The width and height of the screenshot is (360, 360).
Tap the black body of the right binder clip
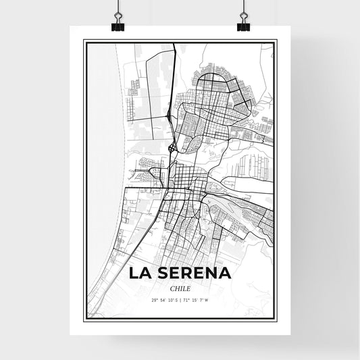(x=243, y=26)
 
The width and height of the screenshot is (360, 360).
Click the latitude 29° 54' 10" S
(x=164, y=299)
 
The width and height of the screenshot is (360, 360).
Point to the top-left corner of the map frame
(x=84, y=41)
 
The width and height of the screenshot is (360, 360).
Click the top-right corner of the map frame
(x=276, y=41)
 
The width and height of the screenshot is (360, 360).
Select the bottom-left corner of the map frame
(x=84, y=320)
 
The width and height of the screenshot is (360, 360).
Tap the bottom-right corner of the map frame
(x=276, y=320)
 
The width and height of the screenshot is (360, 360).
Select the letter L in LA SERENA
(x=134, y=274)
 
